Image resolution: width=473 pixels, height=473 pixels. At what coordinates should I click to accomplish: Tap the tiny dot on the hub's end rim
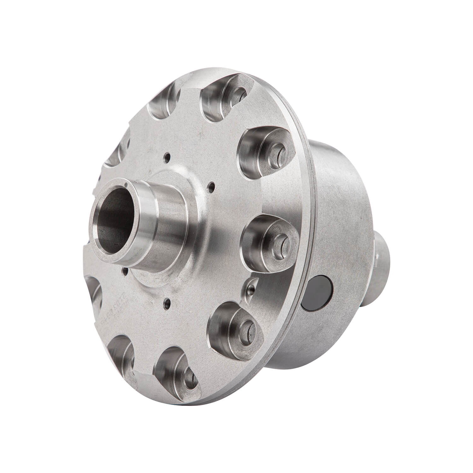[126, 184]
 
